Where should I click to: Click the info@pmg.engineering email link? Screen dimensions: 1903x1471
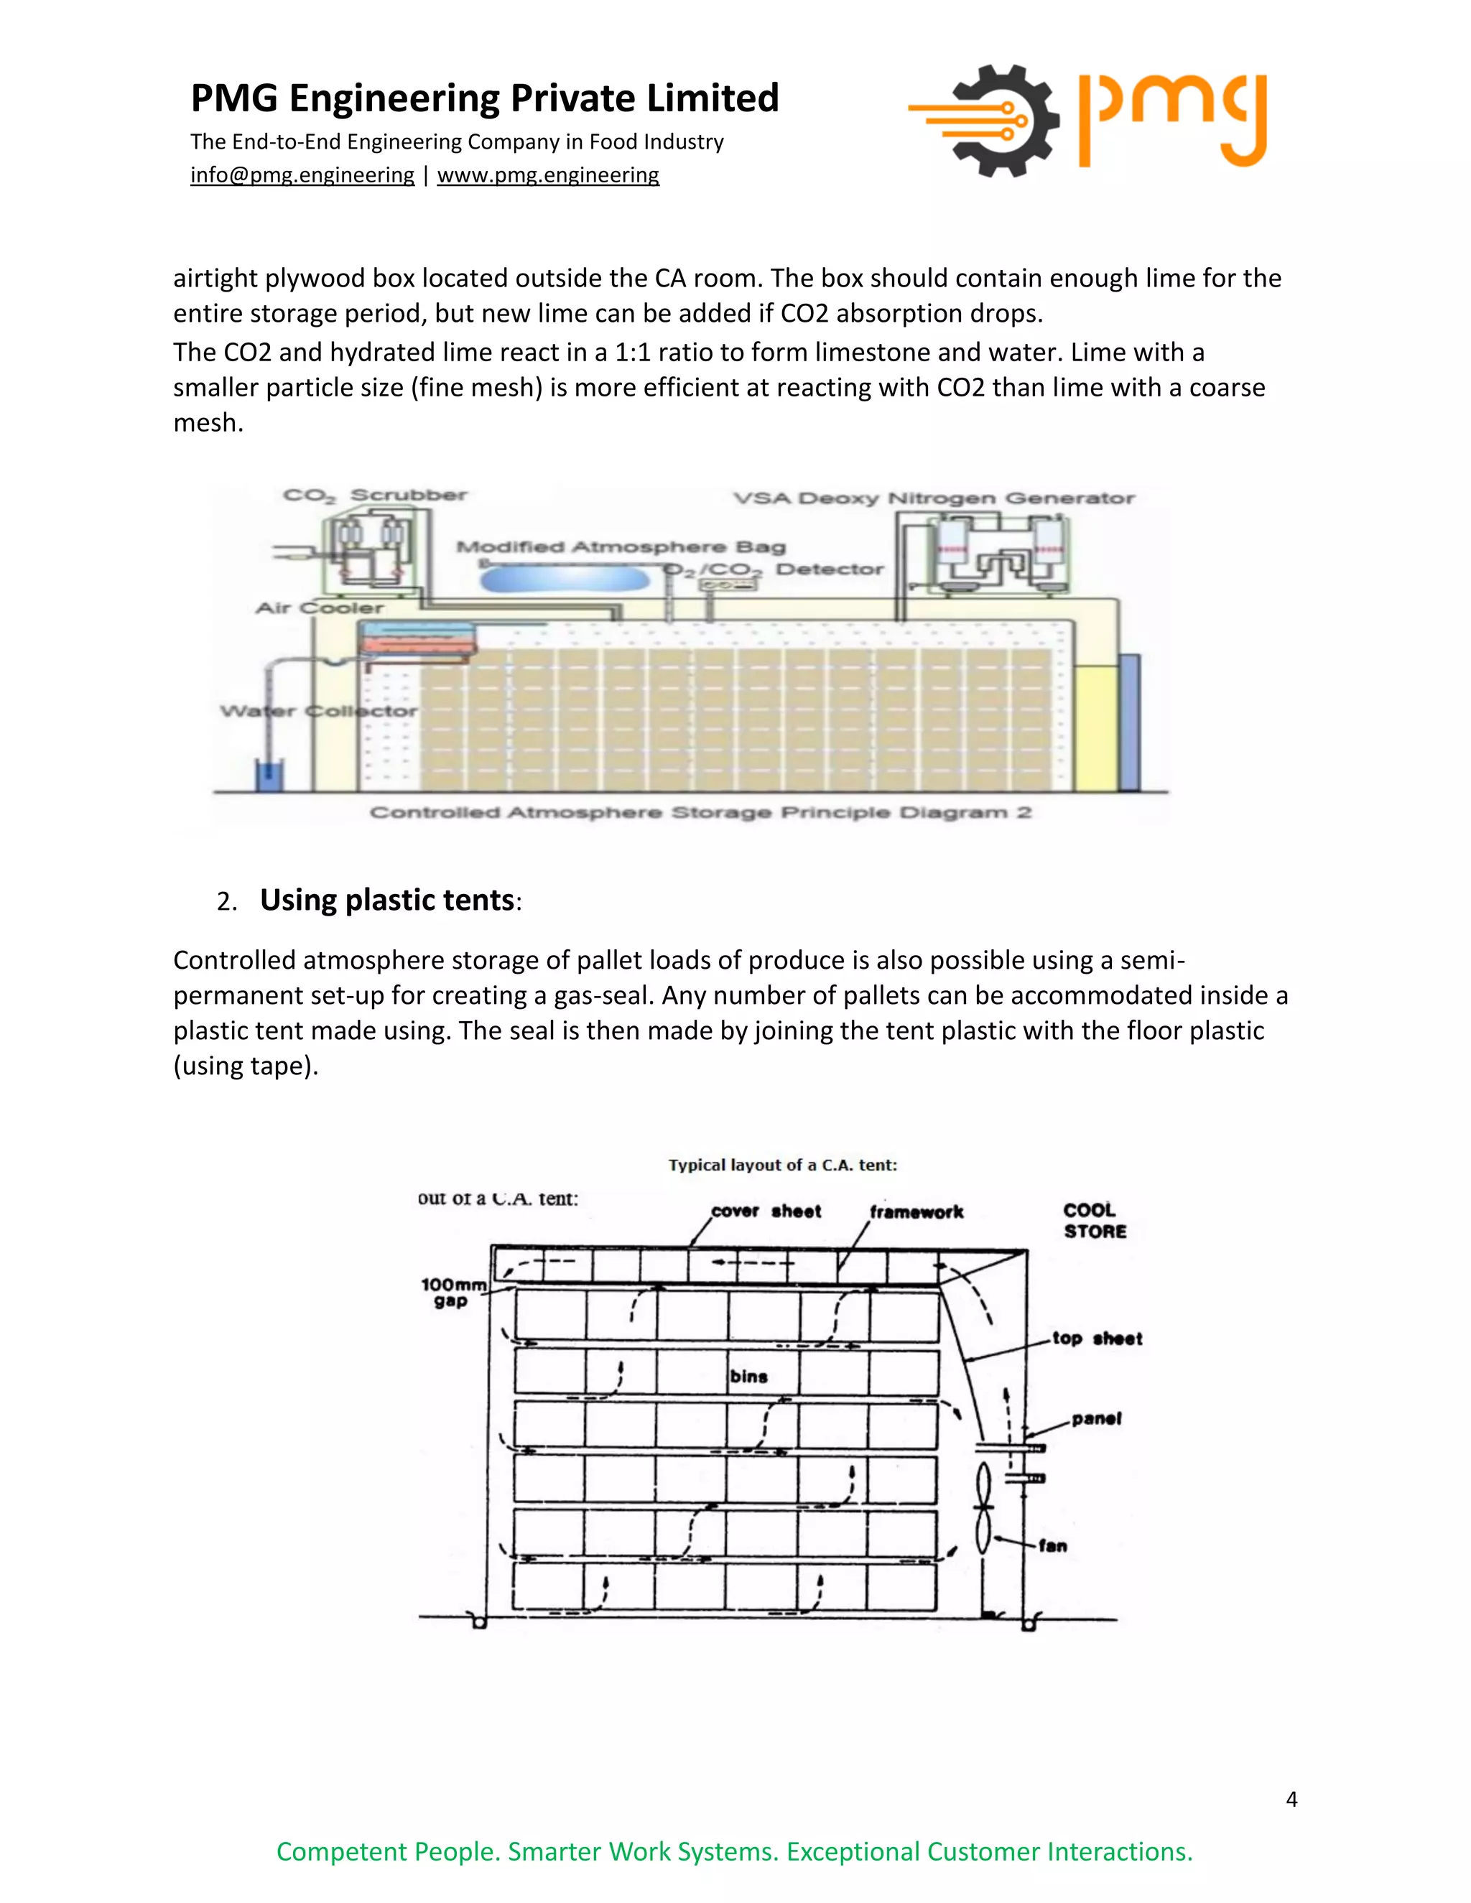click(302, 175)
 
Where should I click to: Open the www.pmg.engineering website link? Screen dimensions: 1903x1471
click(547, 175)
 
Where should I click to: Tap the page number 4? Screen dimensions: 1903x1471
click(1291, 1798)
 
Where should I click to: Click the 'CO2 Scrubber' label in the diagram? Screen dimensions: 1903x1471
click(375, 495)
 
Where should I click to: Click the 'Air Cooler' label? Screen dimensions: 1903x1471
click(319, 608)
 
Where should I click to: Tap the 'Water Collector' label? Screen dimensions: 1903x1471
click(318, 711)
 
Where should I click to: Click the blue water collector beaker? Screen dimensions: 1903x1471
click(269, 773)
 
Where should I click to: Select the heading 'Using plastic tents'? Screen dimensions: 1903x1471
click(387, 900)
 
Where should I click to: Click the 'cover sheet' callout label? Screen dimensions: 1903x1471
click(766, 1211)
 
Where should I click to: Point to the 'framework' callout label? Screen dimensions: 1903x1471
click(916, 1212)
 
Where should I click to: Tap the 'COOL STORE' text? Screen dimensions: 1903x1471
click(1094, 1221)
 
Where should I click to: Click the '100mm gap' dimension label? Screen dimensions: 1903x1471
click(453, 1292)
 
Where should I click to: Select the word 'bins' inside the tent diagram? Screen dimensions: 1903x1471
click(748, 1377)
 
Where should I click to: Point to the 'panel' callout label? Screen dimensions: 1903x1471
click(1095, 1418)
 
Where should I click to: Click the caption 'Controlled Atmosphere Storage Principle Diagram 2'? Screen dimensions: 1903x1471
click(700, 813)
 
